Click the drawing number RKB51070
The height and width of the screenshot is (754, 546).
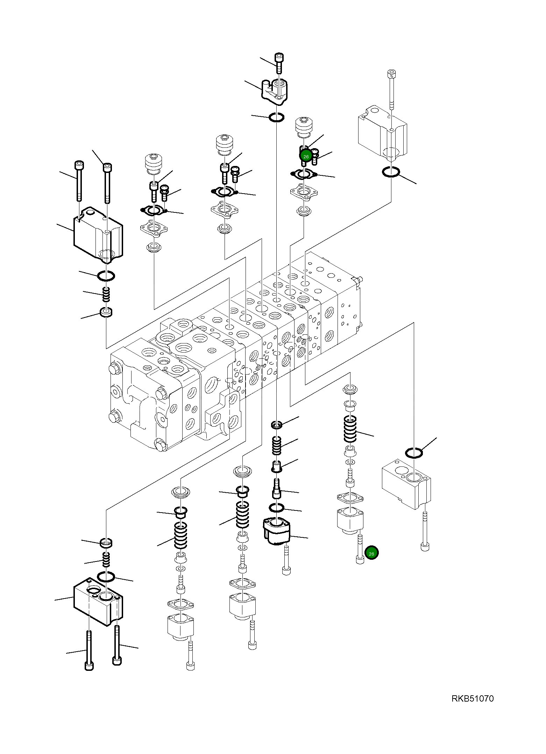472,698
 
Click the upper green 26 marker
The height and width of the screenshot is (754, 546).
306,157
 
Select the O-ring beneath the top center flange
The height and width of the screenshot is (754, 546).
276,118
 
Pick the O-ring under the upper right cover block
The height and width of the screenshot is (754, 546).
391,172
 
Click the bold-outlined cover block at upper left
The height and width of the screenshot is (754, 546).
98,235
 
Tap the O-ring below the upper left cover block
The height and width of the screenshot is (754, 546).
106,276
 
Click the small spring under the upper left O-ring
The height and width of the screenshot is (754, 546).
106,294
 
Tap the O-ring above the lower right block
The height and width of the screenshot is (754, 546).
414,453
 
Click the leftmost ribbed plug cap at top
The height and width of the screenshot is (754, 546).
154,163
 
